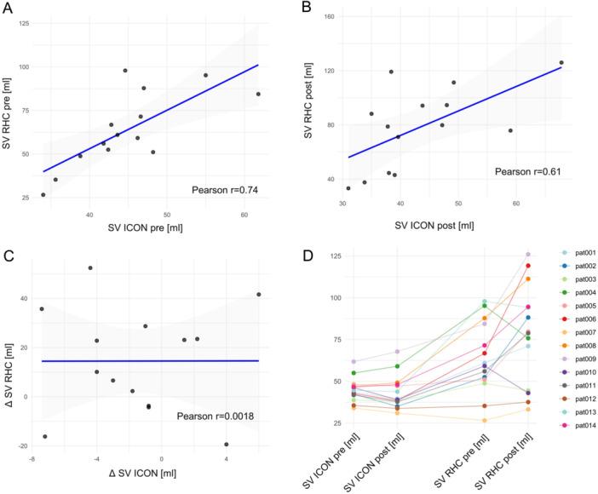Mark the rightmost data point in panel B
[x=561, y=62]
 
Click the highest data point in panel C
[x=90, y=268]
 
